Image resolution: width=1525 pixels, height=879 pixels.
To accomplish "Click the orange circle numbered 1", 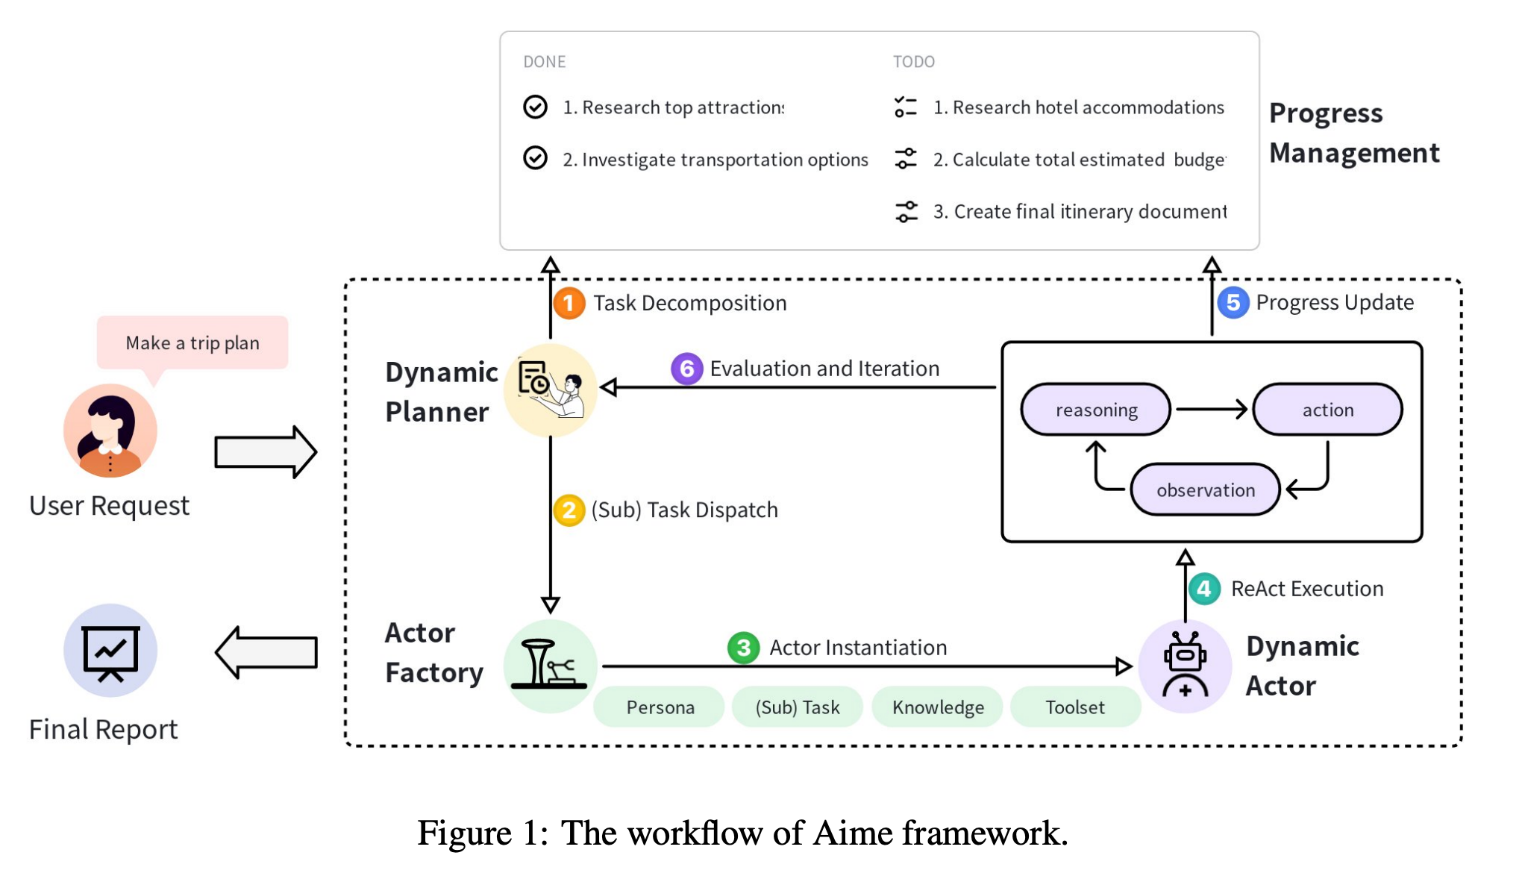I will click(x=569, y=303).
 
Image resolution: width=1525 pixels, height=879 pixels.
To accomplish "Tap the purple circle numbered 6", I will click(x=686, y=369).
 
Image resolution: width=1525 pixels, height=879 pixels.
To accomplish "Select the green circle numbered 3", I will click(x=743, y=648).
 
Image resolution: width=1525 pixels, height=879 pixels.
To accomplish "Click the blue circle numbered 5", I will click(x=1233, y=302).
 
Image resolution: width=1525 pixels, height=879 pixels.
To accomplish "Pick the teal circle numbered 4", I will click(x=1203, y=589).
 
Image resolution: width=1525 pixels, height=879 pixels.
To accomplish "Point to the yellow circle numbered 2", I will click(x=569, y=510).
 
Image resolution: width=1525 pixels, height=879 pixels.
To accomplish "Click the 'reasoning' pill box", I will click(x=1095, y=410).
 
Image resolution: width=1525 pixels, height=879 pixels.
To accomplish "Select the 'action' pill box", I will click(x=1327, y=410).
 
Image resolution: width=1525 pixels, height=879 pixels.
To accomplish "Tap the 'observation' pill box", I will click(x=1205, y=490).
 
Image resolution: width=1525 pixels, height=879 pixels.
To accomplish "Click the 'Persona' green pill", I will click(x=660, y=707).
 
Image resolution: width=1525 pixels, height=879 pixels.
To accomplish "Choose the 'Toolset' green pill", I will click(x=1074, y=707).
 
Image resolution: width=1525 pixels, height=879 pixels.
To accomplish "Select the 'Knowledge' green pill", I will click(x=938, y=707).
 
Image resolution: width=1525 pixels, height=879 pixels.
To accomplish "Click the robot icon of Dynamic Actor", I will click(x=1185, y=664).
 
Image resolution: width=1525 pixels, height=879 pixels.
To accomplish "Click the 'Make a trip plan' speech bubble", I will click(x=192, y=342).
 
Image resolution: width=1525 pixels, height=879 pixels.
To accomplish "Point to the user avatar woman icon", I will click(x=110, y=431).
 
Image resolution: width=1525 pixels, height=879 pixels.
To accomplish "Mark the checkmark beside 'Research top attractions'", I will click(x=535, y=107).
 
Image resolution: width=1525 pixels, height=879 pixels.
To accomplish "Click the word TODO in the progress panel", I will click(x=913, y=62).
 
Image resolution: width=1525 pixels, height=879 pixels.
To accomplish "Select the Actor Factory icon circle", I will click(x=550, y=665).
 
